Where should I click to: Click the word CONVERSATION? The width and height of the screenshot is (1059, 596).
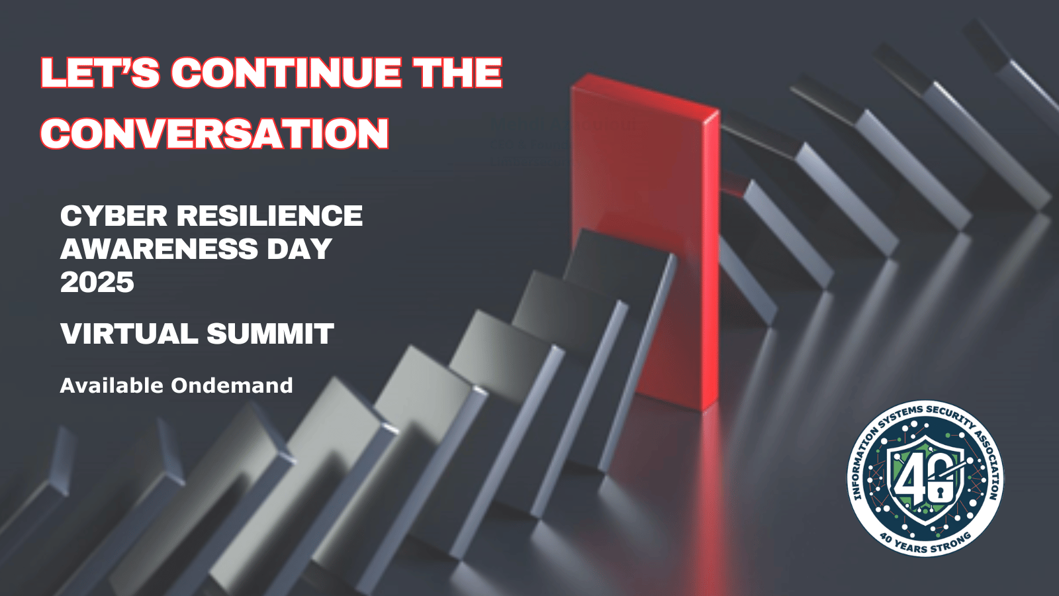tap(214, 133)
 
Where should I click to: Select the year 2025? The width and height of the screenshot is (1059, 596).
tap(97, 282)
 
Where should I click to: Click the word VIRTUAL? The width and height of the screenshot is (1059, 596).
tap(129, 333)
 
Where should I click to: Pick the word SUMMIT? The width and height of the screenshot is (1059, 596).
tap(271, 333)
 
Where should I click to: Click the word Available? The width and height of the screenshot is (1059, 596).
tap(112, 385)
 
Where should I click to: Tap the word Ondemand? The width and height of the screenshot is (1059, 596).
tap(232, 385)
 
